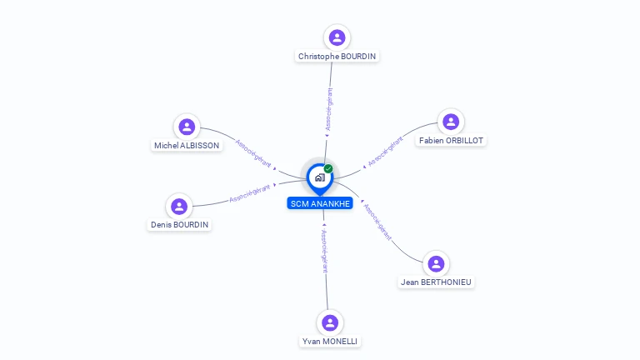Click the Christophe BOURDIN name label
337,56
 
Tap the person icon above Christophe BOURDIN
337,37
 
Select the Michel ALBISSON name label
187,145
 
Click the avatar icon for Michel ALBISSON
187,127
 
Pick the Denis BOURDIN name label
179,224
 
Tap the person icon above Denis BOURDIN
179,207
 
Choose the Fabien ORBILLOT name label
451,140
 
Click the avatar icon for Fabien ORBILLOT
451,122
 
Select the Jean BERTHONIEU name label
436,282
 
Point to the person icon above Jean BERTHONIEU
436,263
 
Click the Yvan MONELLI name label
330,341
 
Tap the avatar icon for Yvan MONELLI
330,322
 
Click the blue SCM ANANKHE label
320,203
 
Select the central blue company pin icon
319,177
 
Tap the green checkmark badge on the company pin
328,168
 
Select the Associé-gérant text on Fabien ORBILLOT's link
385,150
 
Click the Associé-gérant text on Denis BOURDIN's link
249,194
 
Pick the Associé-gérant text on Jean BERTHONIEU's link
378,221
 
